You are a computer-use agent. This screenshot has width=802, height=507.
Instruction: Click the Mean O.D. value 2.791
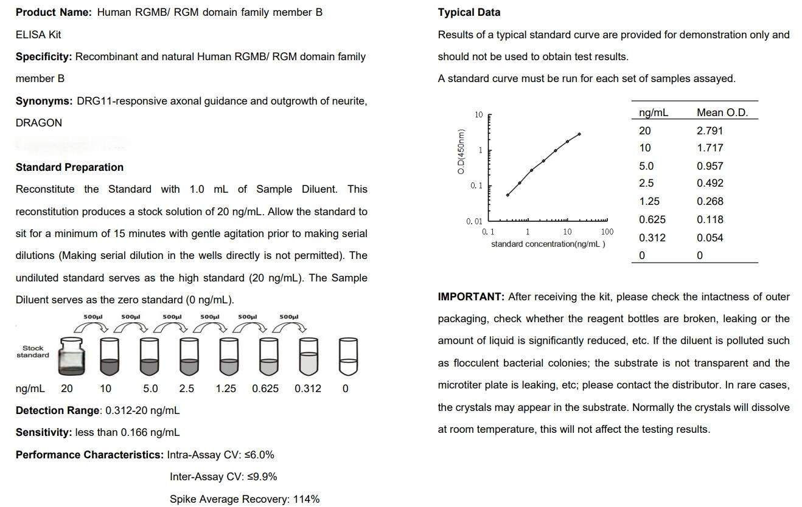click(710, 131)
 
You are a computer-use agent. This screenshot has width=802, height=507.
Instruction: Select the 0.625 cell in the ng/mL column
click(652, 219)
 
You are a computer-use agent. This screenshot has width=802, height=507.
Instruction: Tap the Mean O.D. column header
click(722, 112)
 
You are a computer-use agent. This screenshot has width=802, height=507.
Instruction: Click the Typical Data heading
click(469, 12)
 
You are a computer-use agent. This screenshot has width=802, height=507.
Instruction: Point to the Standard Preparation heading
click(69, 167)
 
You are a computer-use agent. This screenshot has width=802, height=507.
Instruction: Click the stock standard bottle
click(71, 357)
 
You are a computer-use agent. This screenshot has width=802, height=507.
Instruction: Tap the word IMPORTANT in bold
click(470, 297)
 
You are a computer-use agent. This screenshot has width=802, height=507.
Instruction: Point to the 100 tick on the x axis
click(607, 232)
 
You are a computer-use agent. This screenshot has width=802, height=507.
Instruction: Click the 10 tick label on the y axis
click(478, 115)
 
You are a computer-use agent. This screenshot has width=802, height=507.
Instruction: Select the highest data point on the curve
click(579, 134)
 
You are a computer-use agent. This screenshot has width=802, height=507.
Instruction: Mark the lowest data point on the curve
click(507, 195)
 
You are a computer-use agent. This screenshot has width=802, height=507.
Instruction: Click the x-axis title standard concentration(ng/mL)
click(548, 244)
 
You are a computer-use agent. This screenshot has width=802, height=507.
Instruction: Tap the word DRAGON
click(38, 123)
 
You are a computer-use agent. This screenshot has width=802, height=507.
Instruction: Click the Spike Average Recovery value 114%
click(306, 499)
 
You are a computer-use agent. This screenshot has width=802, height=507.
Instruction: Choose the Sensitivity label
click(44, 432)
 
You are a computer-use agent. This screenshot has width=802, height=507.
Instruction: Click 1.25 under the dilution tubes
click(225, 388)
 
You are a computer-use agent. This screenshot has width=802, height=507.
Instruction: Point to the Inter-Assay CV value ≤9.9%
click(262, 477)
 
